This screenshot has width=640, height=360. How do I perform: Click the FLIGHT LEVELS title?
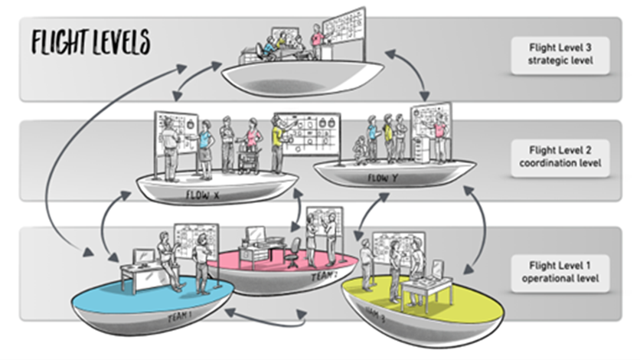90,43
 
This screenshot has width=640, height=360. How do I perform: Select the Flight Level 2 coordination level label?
560,156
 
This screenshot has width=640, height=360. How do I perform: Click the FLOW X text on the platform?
202,196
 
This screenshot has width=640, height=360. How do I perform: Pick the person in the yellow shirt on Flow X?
277,144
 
